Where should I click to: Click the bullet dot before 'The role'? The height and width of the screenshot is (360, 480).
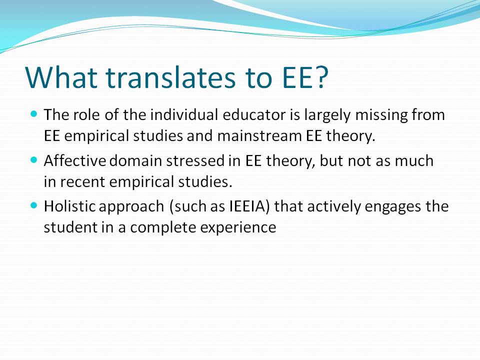point(34,114)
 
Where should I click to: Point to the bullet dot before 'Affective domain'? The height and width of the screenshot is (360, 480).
point(34,160)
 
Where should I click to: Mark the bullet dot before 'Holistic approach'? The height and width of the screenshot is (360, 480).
point(34,205)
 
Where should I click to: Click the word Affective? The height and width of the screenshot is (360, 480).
point(74,160)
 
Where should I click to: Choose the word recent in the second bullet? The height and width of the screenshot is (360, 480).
point(82,182)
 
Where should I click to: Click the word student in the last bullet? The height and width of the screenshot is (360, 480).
point(70,227)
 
